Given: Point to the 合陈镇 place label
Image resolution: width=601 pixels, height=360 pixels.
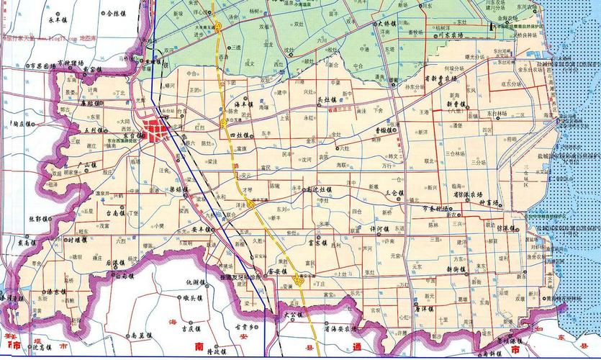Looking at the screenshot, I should tap(117, 13).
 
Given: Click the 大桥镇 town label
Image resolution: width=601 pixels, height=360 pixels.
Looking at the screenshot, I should tap(392, 24).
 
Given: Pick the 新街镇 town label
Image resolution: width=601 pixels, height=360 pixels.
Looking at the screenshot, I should tap(456, 269).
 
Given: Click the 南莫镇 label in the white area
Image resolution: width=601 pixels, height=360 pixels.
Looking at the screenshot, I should tap(140, 336).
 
